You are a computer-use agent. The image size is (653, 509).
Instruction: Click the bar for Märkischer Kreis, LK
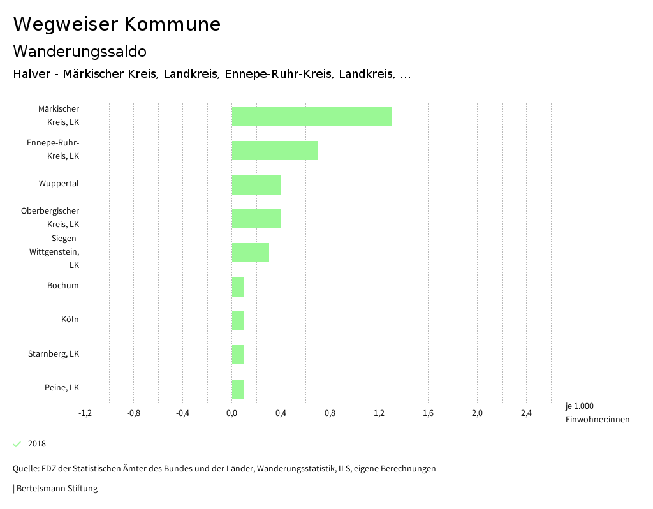coord(311,117)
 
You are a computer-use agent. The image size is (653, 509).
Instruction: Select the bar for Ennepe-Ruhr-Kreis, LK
coord(275,151)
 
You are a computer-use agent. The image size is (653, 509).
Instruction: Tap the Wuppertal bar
coord(256,185)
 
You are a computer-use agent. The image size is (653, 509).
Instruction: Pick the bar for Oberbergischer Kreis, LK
coord(256,219)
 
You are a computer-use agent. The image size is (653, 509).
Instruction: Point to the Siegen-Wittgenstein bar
coord(250,253)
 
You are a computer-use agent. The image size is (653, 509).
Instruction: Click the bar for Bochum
coord(238,287)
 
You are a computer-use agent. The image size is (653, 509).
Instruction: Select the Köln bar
coord(238,321)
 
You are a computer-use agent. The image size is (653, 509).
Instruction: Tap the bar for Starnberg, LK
coord(238,355)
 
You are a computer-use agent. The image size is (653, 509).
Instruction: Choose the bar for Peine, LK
coord(238,388)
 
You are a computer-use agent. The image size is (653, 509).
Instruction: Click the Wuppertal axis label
coord(59,184)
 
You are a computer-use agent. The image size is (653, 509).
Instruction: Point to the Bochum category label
coord(63,285)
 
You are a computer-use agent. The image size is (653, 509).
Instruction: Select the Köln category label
coord(70,319)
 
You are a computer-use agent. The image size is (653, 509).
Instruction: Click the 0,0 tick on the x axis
coord(231,413)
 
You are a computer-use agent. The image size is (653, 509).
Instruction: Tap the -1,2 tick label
coord(85,413)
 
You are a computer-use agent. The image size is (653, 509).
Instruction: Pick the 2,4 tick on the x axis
coord(526,413)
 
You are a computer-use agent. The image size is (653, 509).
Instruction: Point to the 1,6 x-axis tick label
coord(428,413)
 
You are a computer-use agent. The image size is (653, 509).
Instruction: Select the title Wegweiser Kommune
coord(117,24)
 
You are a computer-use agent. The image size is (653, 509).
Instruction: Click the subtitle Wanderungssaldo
coord(80,51)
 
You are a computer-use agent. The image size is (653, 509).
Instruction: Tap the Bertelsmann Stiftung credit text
coord(56,489)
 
